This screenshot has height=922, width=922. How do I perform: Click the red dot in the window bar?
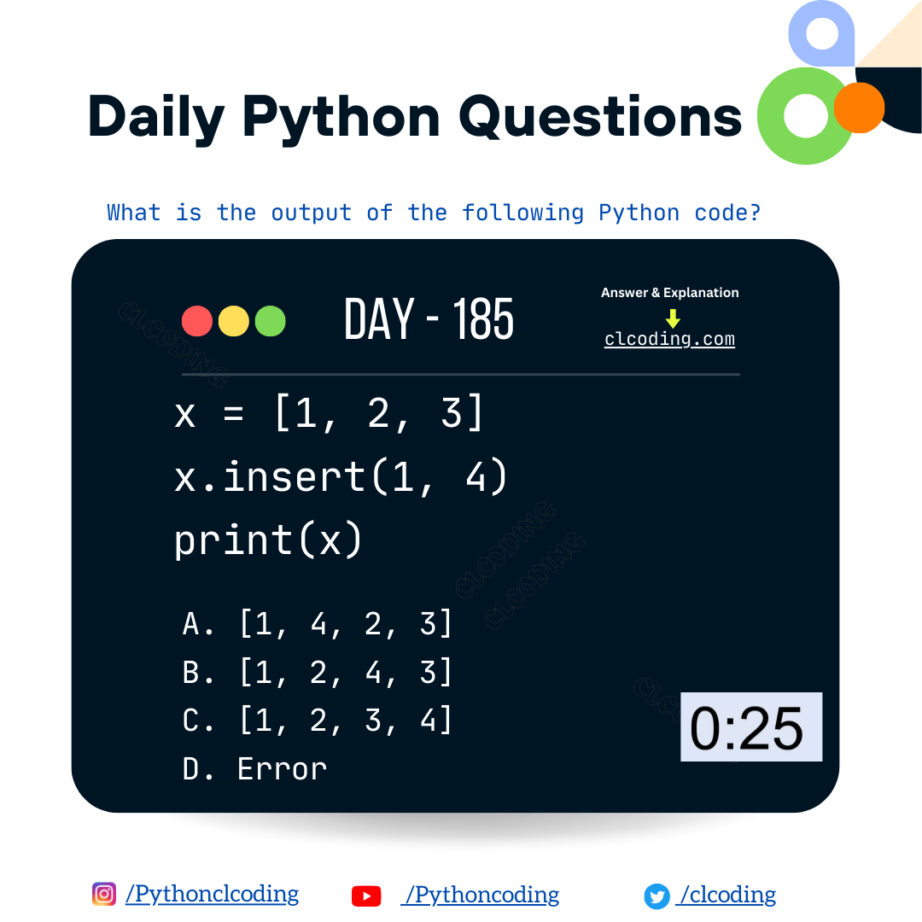click(197, 321)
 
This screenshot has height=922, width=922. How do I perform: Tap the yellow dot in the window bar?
click(234, 321)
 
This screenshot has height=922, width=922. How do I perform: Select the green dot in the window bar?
click(271, 321)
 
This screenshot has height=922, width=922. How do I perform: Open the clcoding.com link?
click(669, 339)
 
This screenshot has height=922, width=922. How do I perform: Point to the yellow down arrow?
click(673, 318)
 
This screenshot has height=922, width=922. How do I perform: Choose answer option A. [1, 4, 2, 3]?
click(318, 625)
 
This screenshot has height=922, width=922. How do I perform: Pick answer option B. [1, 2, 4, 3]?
click(318, 674)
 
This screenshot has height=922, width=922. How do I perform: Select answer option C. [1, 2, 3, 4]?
click(318, 721)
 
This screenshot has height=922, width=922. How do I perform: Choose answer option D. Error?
click(254, 769)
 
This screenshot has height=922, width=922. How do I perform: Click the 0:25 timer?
click(750, 727)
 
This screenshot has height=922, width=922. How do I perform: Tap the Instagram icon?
click(104, 894)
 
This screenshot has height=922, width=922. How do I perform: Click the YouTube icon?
click(366, 896)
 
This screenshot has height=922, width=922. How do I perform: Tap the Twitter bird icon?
click(656, 896)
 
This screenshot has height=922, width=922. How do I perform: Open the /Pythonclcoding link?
click(212, 894)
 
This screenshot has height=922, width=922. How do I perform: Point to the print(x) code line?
click(269, 540)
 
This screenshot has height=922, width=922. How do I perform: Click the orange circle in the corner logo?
click(859, 108)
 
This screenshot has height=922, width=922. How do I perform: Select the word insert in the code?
click(295, 476)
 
